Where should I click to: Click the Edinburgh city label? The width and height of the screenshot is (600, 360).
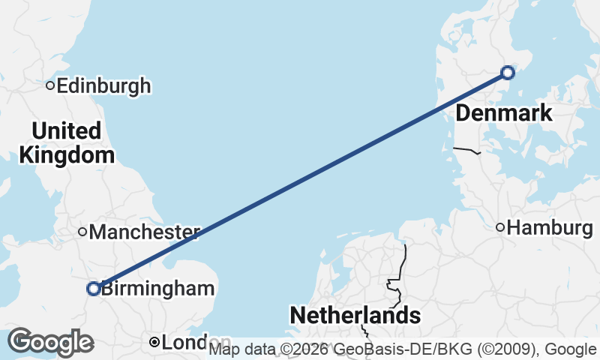[103, 86]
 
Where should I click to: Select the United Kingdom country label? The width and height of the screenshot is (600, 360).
[67, 143]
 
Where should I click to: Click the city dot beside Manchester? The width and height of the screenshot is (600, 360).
[83, 232]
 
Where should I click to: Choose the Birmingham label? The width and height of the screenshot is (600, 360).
[158, 289]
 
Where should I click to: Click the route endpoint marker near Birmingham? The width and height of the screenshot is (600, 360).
[94, 288]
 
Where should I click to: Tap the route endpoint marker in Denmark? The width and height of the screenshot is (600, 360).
[508, 73]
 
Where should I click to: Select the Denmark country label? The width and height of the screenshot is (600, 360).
[504, 113]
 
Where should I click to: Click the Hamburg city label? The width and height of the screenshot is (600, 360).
[550, 228]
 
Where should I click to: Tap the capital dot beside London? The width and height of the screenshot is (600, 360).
[154, 343]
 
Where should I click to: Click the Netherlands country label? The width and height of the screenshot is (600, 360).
[355, 316]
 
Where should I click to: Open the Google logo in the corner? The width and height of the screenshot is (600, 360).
[50, 342]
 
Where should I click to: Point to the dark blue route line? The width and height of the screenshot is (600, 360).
[300, 181]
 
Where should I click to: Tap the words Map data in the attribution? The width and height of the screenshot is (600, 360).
[241, 349]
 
